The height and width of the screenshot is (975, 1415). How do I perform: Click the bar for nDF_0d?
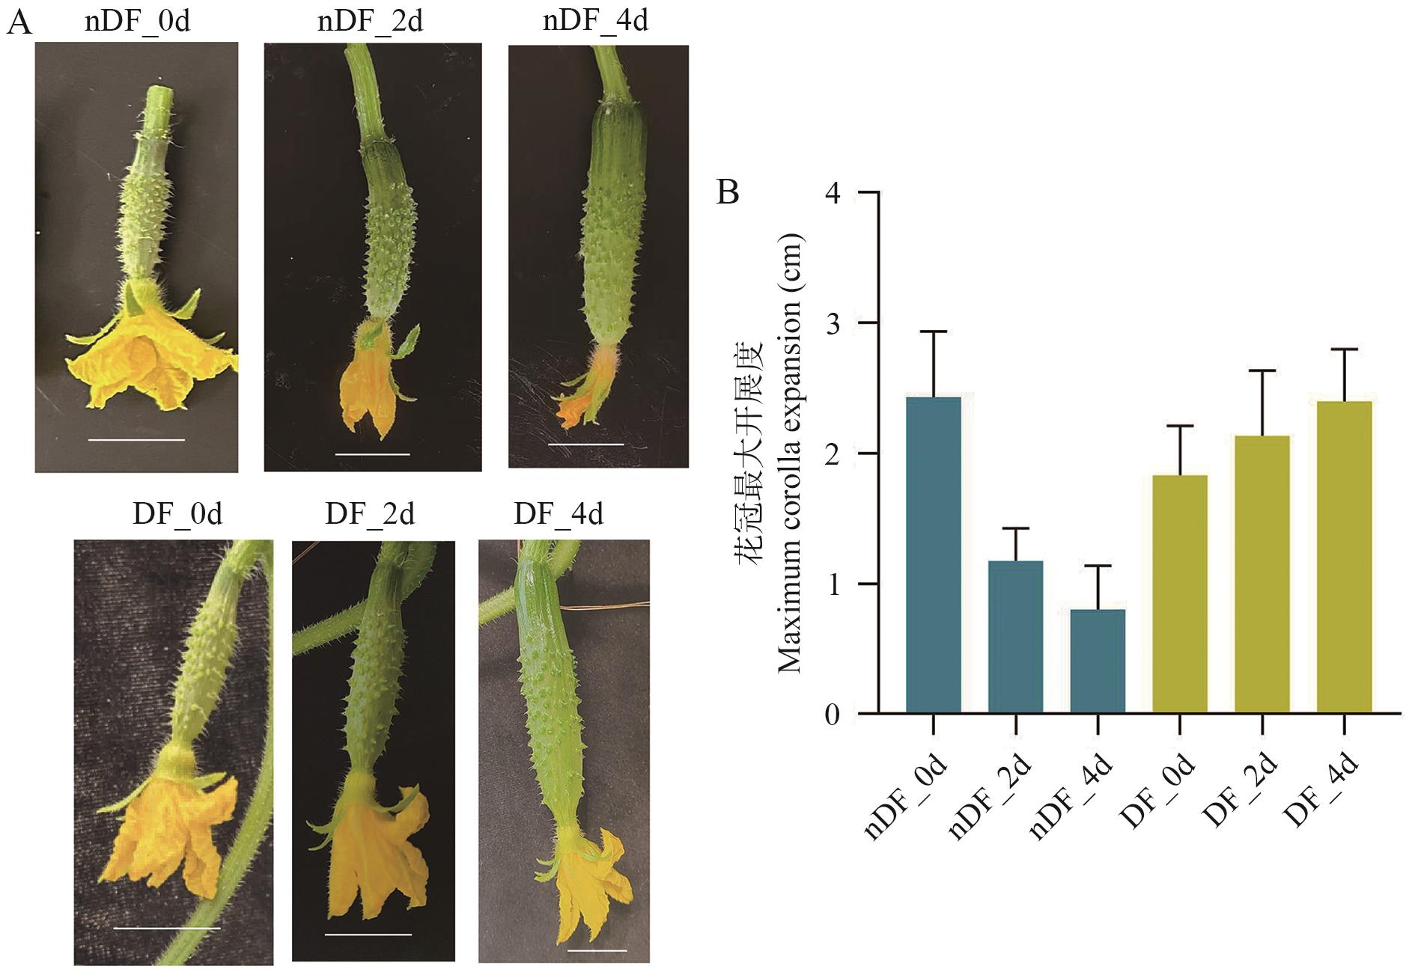click(x=933, y=554)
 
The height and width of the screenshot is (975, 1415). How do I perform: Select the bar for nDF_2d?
click(x=1015, y=637)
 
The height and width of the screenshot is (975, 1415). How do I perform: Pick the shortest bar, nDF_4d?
click(x=1098, y=661)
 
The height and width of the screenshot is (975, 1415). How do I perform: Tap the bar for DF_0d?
click(x=1180, y=594)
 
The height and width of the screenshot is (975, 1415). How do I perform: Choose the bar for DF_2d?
click(x=1262, y=575)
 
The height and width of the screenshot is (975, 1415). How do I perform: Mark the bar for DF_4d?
click(x=1345, y=557)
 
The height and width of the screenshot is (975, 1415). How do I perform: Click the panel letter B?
click(x=728, y=192)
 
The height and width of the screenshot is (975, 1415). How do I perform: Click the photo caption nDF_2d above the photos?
click(x=370, y=21)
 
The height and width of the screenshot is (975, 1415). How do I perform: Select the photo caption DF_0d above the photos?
click(x=177, y=514)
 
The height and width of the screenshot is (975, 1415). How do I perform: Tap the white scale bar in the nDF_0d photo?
click(x=136, y=440)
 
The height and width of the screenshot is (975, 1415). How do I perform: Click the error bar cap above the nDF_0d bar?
click(x=933, y=331)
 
